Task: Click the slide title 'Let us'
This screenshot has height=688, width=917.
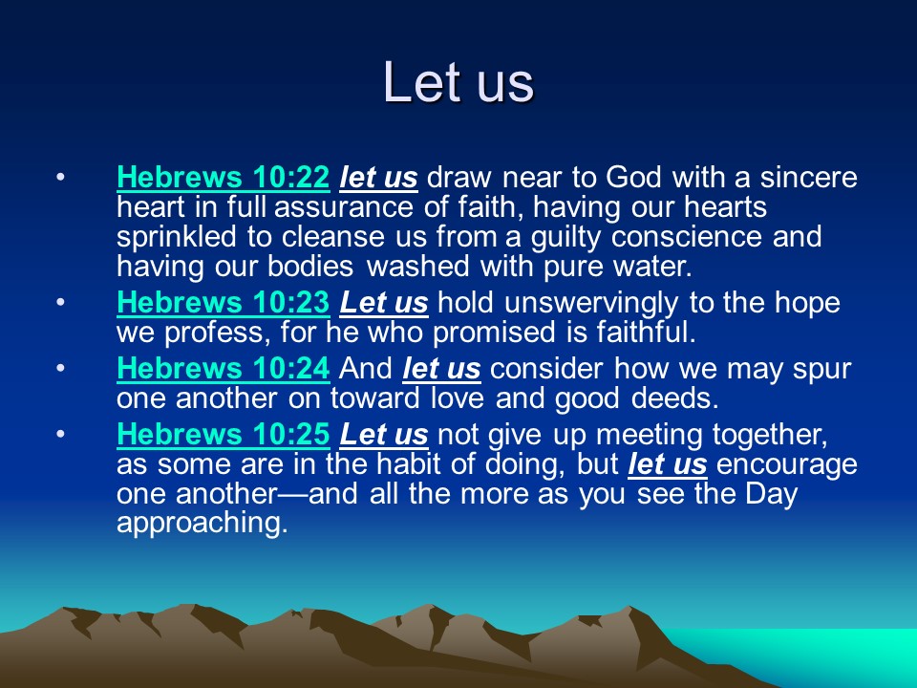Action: (458, 82)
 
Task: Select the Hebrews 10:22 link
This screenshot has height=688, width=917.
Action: (224, 178)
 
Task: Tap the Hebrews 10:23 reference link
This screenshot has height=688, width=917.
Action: (224, 303)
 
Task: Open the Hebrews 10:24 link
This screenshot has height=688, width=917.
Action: (224, 369)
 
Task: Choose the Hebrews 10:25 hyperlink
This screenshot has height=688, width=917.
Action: (224, 435)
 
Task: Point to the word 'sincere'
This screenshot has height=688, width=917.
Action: (809, 178)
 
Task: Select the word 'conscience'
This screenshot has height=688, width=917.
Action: (687, 236)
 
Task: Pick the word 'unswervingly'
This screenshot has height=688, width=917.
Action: (591, 304)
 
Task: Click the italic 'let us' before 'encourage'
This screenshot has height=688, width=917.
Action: (668, 465)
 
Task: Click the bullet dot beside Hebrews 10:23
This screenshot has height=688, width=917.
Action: (61, 303)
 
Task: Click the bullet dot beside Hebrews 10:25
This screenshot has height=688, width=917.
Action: (61, 434)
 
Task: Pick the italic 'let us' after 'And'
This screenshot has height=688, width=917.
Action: (441, 369)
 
